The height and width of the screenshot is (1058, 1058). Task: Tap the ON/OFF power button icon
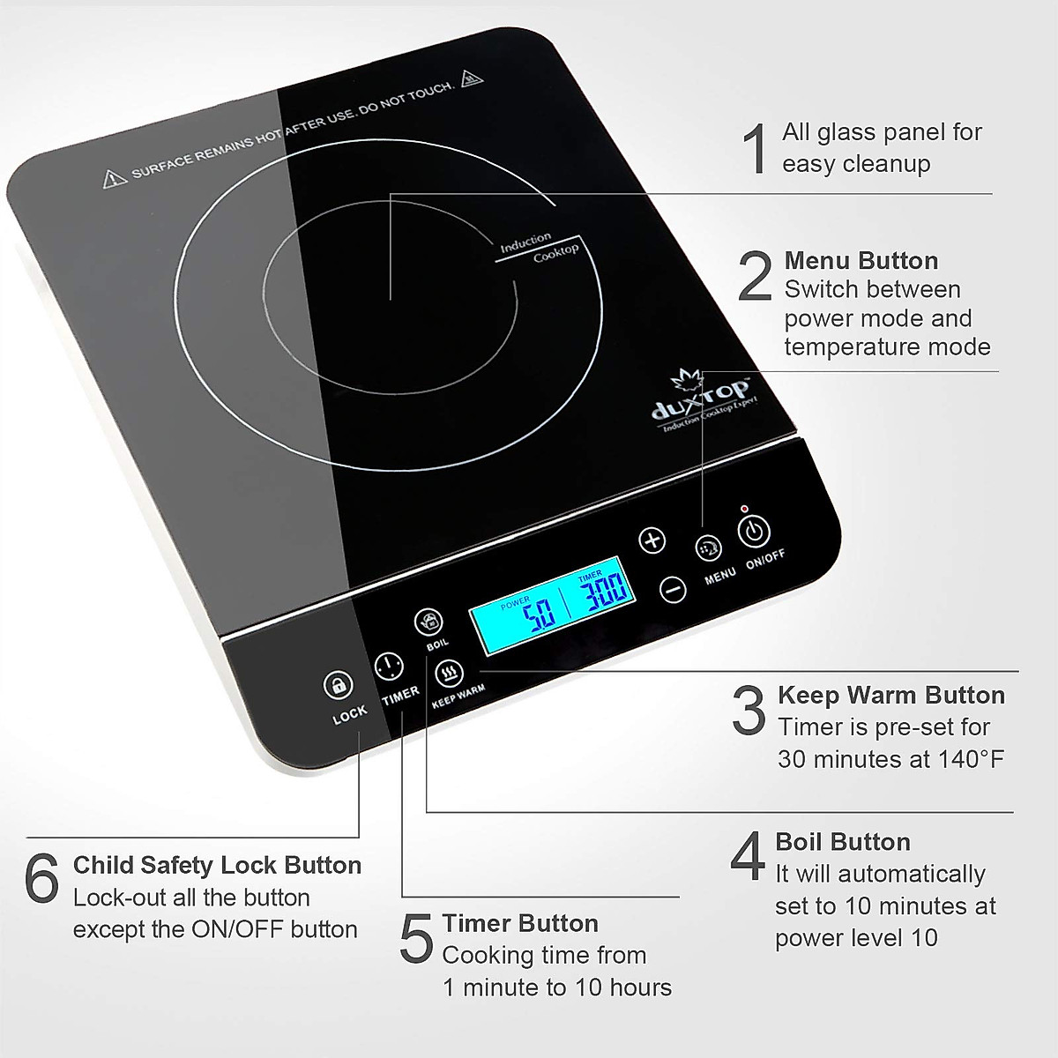[x=753, y=532]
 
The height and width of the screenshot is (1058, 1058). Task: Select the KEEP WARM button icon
[x=450, y=674]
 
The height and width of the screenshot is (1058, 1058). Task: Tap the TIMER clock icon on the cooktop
[x=389, y=666]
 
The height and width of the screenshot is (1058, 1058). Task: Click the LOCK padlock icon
[x=338, y=684]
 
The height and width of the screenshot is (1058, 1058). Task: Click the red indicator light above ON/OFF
[x=745, y=509]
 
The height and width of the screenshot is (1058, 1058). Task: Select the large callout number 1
[x=756, y=149]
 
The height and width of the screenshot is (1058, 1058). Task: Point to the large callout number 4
[x=748, y=857]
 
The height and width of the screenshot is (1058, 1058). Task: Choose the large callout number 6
[x=42, y=878]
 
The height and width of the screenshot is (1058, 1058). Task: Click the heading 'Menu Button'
[x=861, y=261]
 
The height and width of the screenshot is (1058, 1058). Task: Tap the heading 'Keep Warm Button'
[x=891, y=696]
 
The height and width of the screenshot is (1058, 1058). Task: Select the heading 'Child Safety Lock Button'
[x=217, y=865]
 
